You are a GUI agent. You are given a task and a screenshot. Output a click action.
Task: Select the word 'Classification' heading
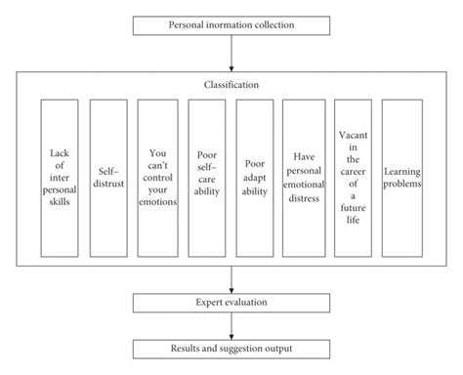pos(231,85)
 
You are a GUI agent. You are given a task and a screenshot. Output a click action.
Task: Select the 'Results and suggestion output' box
pos(231,348)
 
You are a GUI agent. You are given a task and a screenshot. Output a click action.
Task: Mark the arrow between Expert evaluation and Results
pos(231,326)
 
